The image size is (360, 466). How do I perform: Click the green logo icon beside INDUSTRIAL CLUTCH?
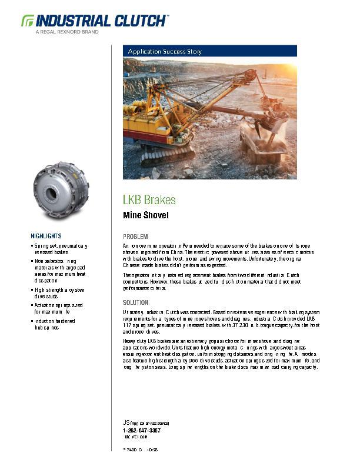coord(28,21)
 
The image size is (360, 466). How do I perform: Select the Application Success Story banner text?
coord(165,52)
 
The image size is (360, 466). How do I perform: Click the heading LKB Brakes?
coord(149,199)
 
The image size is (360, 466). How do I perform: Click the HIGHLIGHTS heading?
coord(46,235)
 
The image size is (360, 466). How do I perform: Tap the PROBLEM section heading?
coord(135,235)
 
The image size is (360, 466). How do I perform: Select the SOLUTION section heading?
coord(136,302)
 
